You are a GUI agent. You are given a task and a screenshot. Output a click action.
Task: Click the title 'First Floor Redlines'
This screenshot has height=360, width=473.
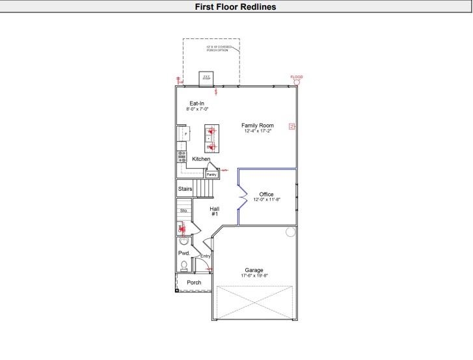click(236, 7)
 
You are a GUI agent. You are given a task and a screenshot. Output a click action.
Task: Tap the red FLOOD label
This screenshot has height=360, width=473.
click(297, 77)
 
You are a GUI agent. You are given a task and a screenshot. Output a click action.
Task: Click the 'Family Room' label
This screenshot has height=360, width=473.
click(258, 126)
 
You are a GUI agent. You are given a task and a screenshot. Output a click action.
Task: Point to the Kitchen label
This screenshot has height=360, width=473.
click(201, 159)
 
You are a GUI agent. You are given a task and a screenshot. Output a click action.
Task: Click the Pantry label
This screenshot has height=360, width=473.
click(211, 174)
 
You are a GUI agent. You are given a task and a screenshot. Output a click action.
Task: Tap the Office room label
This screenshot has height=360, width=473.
click(267, 194)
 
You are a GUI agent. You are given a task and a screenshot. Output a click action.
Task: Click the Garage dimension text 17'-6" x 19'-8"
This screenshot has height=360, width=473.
click(254, 276)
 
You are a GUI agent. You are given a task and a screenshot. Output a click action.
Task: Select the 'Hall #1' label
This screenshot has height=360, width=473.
click(214, 211)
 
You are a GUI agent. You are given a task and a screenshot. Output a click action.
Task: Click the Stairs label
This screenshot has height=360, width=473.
click(185, 189)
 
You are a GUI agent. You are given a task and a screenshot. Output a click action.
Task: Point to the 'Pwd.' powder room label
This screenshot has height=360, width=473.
click(183, 253)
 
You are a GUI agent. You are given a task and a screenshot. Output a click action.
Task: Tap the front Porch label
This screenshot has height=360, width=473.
click(194, 283)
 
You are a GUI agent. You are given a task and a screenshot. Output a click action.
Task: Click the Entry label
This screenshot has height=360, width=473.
click(206, 256)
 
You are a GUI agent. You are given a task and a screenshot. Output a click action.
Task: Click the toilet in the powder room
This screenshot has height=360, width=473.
click(184, 265)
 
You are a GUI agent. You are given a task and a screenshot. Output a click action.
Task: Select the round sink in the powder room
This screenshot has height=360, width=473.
click(183, 240)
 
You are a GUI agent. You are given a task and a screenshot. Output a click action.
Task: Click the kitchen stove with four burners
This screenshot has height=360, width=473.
click(182, 156)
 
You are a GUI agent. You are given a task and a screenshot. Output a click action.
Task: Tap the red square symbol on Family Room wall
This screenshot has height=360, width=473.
click(292, 126)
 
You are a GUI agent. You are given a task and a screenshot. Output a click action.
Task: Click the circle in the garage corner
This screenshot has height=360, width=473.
click(290, 232)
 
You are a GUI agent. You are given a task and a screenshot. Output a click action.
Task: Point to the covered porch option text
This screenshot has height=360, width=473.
click(219, 48)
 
